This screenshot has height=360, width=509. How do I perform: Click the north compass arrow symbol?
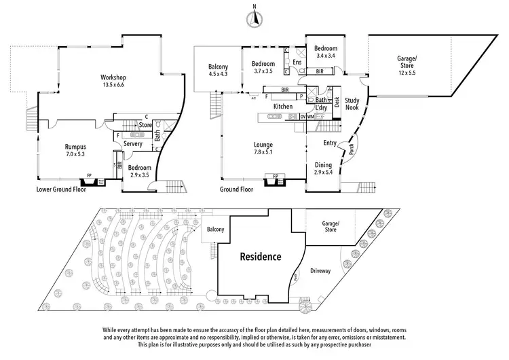[254, 19]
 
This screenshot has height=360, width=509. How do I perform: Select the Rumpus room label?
[75, 149]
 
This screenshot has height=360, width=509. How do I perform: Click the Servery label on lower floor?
[133, 143]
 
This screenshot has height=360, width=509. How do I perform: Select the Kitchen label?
[282, 107]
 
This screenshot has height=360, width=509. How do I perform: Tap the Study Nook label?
[352, 103]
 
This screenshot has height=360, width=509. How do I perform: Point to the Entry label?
[330, 143]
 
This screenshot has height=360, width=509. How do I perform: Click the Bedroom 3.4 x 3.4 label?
[326, 52]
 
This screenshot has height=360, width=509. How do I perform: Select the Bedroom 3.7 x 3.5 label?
[259, 67]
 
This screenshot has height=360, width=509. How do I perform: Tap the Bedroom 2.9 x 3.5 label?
[139, 171]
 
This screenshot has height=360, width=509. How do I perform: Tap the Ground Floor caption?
[237, 190]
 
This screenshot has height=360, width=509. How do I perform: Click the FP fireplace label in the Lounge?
[275, 177]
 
